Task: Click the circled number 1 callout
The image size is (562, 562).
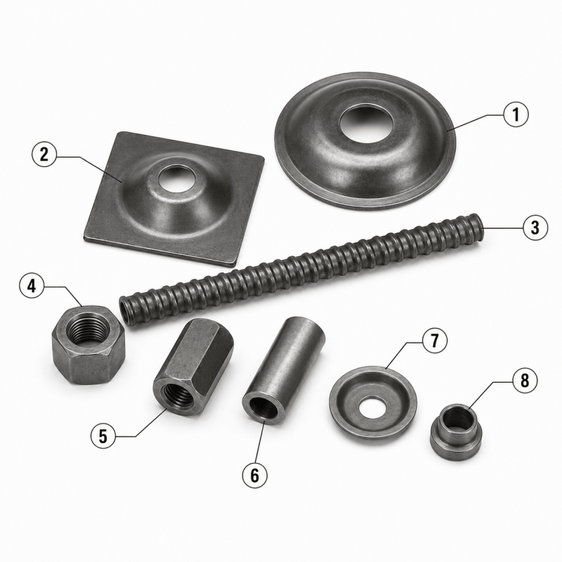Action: pyautogui.click(x=516, y=115)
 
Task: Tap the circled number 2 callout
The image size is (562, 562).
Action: pyautogui.click(x=44, y=155)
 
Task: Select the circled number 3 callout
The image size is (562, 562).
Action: pyautogui.click(x=535, y=227)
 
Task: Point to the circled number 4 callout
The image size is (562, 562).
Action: pyautogui.click(x=32, y=287)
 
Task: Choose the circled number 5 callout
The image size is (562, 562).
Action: pyautogui.click(x=103, y=436)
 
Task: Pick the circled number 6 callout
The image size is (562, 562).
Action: pyautogui.click(x=255, y=476)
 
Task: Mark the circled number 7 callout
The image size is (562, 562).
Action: pyautogui.click(x=434, y=341)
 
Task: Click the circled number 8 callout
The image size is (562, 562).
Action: pyautogui.click(x=525, y=381)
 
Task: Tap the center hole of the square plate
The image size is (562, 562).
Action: pyautogui.click(x=175, y=176)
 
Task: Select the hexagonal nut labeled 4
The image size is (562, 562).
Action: pyautogui.click(x=89, y=344)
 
